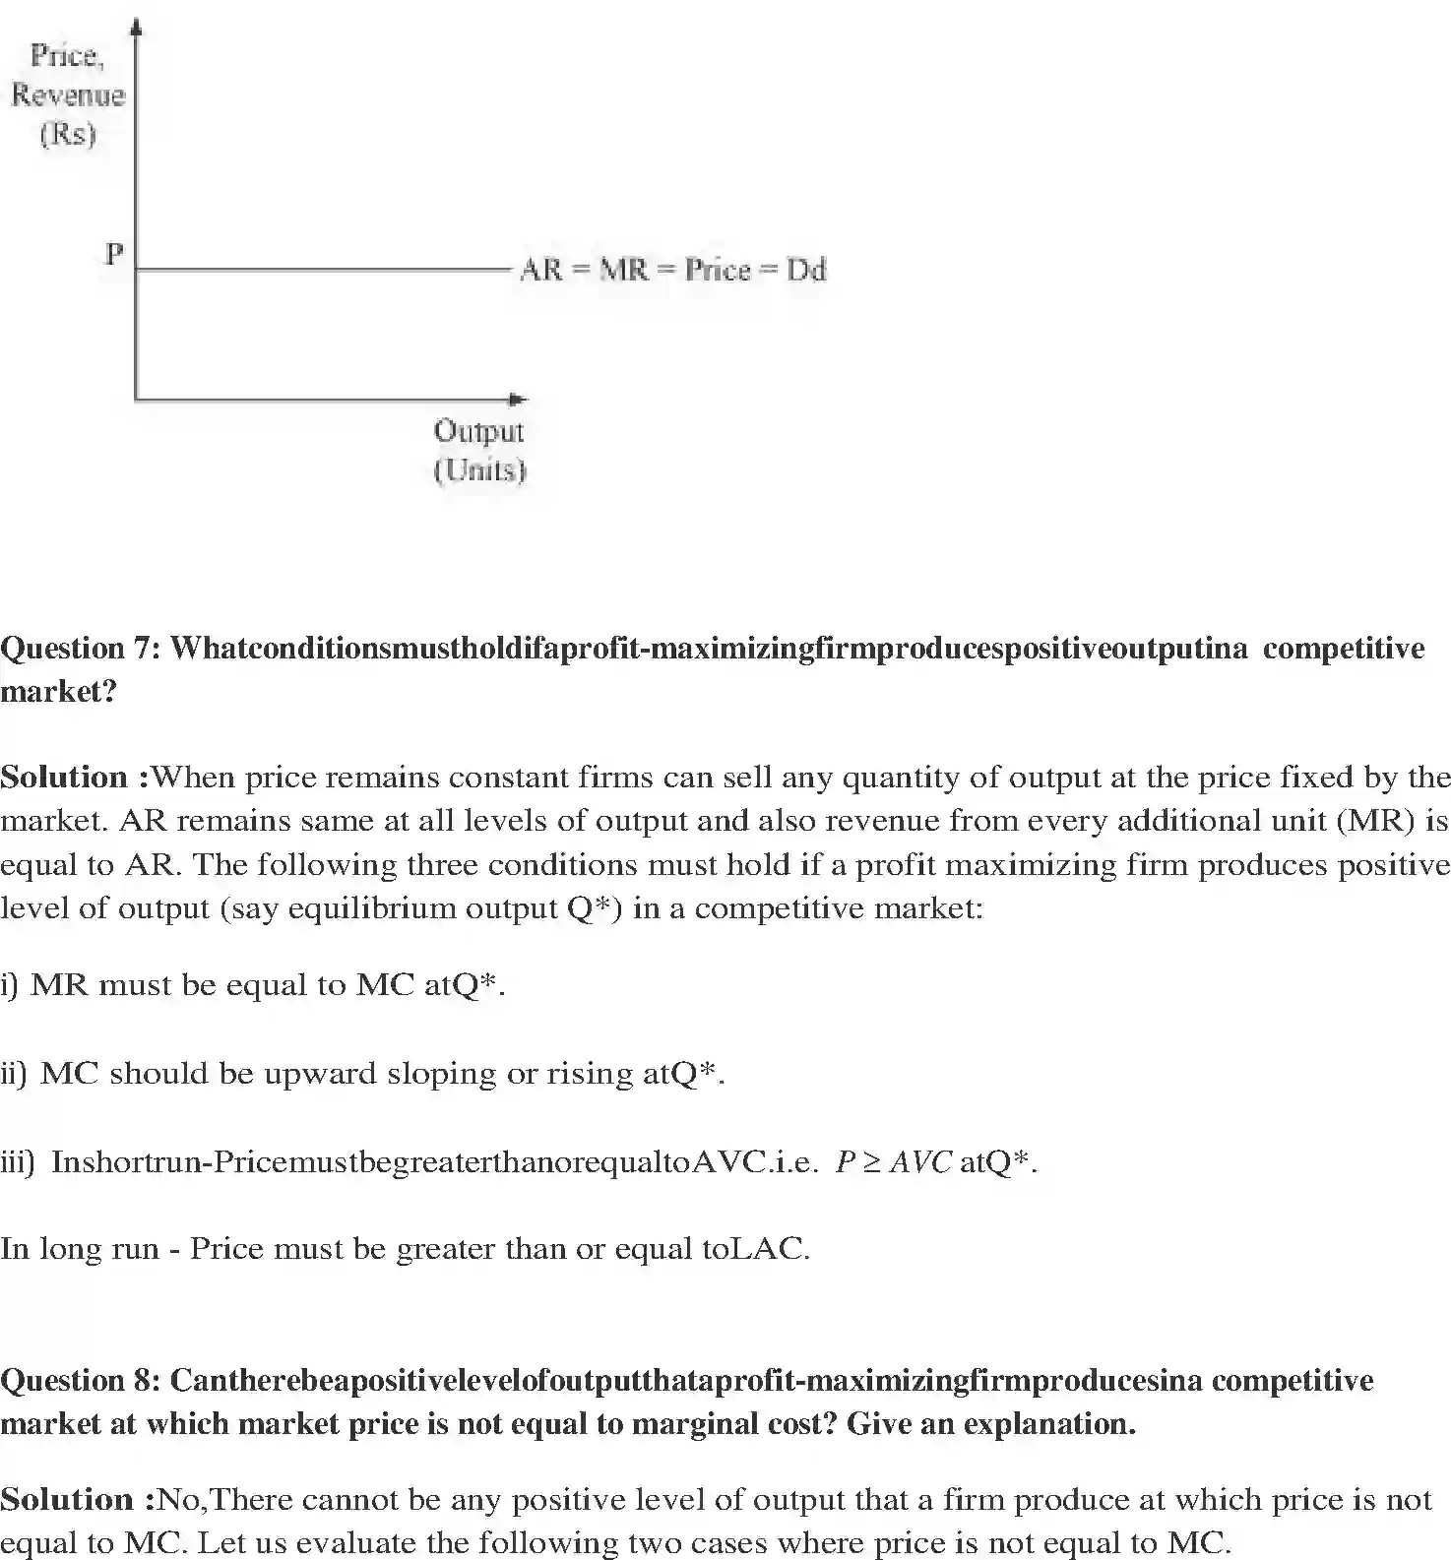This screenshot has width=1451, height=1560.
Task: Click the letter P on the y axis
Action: tap(114, 254)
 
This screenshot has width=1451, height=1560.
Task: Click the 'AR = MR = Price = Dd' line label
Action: tap(672, 270)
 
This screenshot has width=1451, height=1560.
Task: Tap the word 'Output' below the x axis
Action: tap(478, 431)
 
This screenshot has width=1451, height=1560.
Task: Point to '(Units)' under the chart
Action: tap(479, 470)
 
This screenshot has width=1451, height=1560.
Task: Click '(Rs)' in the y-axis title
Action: tap(68, 134)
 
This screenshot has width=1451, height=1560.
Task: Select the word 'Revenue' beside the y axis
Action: tap(68, 95)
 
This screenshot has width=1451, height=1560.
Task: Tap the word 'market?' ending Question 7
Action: tap(59, 692)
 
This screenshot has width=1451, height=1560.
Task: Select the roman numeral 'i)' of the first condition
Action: tap(10, 985)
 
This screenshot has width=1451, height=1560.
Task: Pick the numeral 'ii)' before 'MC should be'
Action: tap(15, 1073)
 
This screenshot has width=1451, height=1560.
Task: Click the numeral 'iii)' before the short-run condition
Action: tap(18, 1162)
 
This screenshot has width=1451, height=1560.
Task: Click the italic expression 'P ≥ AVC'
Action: tap(893, 1162)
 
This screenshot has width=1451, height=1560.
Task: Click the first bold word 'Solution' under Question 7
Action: tap(64, 778)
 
